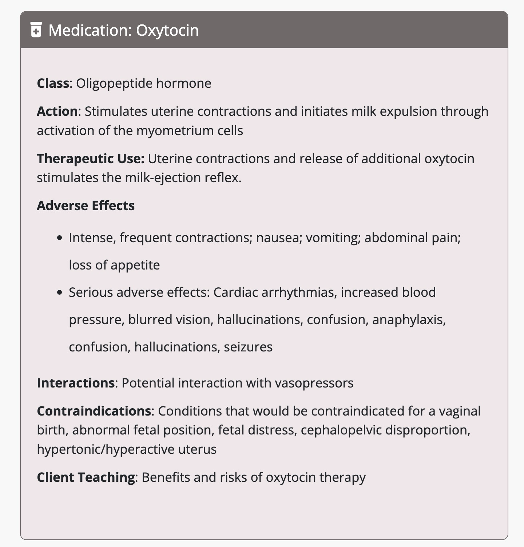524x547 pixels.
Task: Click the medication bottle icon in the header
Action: click(x=36, y=30)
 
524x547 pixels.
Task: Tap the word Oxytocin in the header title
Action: click(x=167, y=30)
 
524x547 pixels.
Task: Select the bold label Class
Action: click(x=53, y=83)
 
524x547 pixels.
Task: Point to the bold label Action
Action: click(x=57, y=111)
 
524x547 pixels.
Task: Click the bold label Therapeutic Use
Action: click(x=91, y=159)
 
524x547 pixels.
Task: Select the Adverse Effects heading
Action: click(x=86, y=206)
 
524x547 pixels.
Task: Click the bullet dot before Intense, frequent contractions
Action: click(x=60, y=238)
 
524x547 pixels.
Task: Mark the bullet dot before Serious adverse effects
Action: click(x=60, y=293)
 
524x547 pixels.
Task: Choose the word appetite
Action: click(x=135, y=265)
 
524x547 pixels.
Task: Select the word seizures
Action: click(x=248, y=347)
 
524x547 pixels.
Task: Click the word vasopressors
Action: click(x=314, y=383)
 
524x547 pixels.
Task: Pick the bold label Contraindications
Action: click(x=94, y=411)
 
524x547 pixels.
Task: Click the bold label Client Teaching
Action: click(x=86, y=477)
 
